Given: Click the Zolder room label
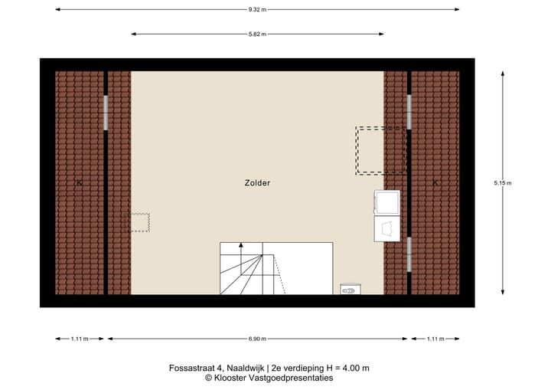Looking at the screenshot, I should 258,183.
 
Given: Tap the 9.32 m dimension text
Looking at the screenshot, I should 258,9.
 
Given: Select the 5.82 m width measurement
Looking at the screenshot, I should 258,34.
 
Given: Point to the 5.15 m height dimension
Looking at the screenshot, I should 503,182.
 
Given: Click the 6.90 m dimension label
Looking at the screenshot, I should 258,338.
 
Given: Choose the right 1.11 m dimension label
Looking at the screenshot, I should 435,338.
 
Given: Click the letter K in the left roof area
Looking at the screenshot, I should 80,182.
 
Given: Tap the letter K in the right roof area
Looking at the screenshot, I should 435,182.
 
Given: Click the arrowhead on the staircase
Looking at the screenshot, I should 241,246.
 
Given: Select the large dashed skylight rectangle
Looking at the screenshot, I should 380,151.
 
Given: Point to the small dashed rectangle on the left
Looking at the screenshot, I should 139,222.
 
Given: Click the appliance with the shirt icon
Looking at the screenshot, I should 386,228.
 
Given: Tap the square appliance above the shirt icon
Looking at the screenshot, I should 386,202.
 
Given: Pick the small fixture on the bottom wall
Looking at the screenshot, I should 351,290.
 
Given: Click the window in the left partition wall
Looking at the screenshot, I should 106,113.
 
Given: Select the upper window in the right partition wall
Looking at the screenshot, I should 409,111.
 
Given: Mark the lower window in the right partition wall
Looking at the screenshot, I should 409,255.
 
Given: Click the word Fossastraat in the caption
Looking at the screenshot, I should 190,368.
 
